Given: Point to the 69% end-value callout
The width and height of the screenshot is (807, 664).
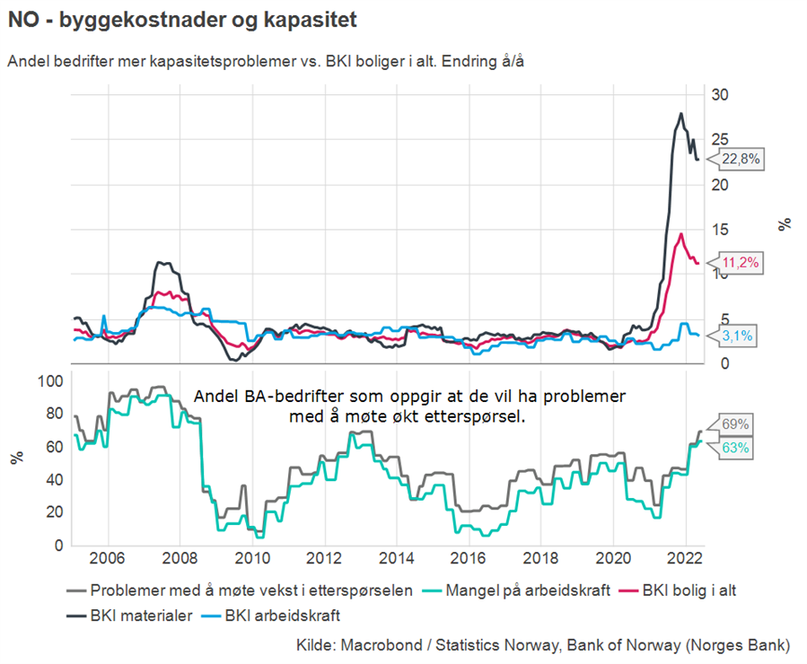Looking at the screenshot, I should click(734, 424).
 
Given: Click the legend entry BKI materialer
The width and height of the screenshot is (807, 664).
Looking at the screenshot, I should click(140, 616).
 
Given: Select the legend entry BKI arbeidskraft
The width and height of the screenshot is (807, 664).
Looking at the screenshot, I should click(282, 616).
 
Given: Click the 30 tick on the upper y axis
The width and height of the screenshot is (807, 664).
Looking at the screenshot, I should click(720, 94).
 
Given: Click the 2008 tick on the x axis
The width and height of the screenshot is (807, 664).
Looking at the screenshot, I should click(179, 556).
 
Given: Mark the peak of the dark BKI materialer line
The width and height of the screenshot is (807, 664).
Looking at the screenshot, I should click(681, 114).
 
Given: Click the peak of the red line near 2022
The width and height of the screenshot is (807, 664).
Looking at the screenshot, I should click(681, 234).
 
